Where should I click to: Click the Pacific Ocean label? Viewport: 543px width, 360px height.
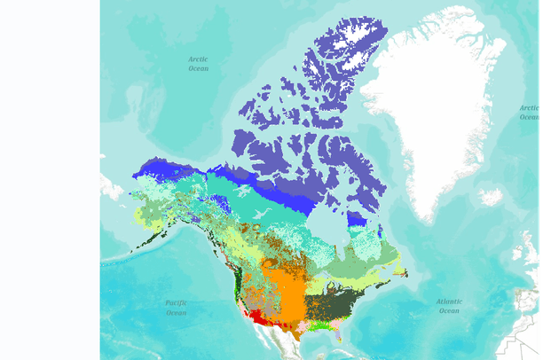click(176, 308)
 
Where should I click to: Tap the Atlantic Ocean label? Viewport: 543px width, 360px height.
click(449, 306)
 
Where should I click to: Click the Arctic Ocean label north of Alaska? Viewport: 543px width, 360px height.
click(198, 63)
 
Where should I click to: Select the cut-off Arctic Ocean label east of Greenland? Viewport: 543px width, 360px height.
click(529, 113)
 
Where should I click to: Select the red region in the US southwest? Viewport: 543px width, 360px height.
click(258, 317)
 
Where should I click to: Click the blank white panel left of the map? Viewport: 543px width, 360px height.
click(50, 177)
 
